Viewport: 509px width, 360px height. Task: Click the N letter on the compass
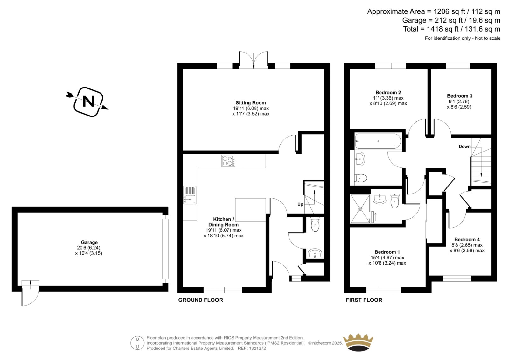[88, 102]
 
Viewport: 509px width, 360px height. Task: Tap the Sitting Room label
[251, 103]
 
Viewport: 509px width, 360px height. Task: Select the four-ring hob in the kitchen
[228, 161]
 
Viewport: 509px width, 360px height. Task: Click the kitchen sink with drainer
[190, 195]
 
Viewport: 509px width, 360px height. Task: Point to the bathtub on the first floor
[378, 141]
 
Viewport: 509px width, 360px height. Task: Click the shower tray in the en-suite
[360, 208]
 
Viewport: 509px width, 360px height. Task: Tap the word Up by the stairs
[300, 204]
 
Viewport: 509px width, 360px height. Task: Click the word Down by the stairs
[464, 147]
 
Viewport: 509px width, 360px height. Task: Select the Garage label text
[89, 242]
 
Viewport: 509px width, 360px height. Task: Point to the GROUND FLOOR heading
[200, 300]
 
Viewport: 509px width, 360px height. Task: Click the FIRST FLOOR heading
[364, 300]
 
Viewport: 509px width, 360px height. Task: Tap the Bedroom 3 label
[459, 96]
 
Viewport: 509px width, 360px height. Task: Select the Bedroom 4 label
[467, 239]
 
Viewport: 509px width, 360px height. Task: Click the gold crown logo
[358, 342]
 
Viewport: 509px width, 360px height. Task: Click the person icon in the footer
[137, 343]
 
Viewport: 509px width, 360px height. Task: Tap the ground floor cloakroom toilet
[315, 224]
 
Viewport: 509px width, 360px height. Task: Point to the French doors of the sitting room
[253, 60]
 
